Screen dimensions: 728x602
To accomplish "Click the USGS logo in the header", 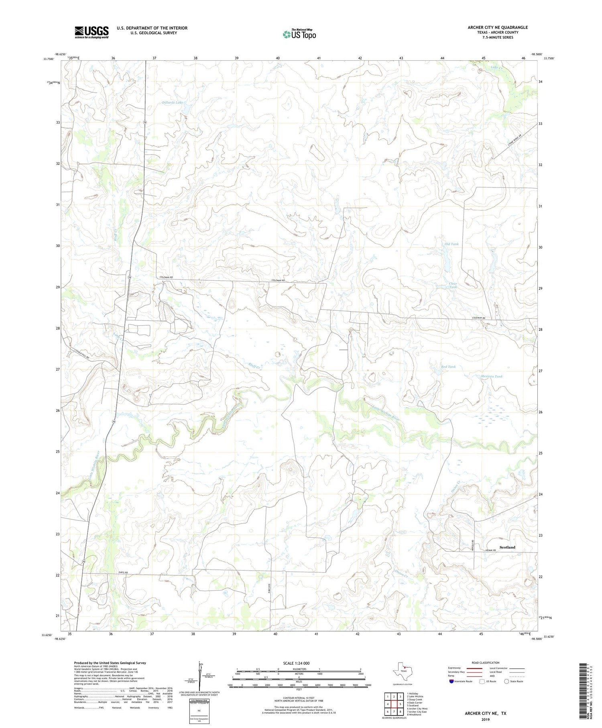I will (92, 32).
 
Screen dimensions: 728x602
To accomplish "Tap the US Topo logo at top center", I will (299, 34).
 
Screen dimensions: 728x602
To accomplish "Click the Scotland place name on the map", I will (507, 547).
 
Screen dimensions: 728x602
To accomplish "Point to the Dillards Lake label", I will (173, 102).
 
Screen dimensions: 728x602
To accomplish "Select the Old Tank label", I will (451, 244).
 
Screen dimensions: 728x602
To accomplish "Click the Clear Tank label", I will (453, 285).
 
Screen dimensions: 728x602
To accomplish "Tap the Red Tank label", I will (448, 367).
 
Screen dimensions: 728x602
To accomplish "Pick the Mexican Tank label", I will (492, 376).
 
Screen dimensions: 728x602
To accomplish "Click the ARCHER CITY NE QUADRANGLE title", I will (498, 27).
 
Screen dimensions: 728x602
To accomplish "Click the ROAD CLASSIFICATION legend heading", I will (485, 663).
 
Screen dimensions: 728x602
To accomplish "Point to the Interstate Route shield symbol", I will (451, 681).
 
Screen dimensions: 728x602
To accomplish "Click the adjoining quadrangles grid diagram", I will (394, 704).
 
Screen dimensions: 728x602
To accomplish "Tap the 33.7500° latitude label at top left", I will (48, 59).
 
